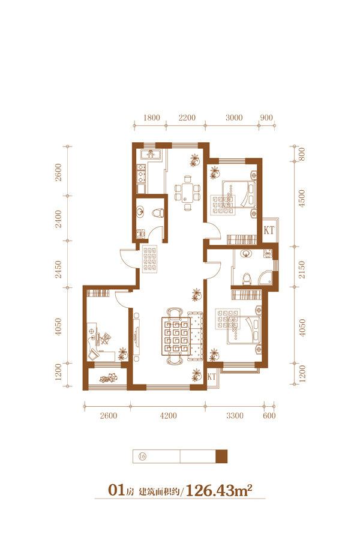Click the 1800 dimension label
tap(152, 118)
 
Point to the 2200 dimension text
tap(187, 118)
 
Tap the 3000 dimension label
tap(234, 118)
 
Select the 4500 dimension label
tap(302, 198)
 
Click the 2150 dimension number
tap(302, 269)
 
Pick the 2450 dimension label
tap(58, 269)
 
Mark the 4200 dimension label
tap(169, 416)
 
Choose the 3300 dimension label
tap(235, 416)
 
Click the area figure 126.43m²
tap(219, 490)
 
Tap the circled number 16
tap(142, 457)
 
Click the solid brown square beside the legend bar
tap(221, 457)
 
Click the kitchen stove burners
tap(141, 173)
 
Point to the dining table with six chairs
tap(187, 193)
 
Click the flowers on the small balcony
tap(109, 378)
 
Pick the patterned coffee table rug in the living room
tap(176, 337)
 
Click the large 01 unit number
tap(116, 490)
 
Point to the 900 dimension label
tap(266, 118)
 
